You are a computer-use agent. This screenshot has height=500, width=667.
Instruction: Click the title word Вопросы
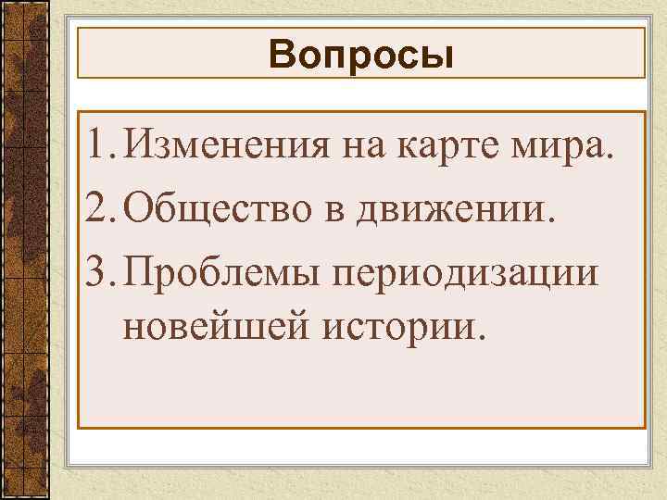pyautogui.click(x=362, y=56)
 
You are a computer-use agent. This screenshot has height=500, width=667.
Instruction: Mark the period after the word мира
pyautogui.click(x=609, y=158)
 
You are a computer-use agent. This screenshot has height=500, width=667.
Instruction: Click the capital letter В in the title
pyautogui.click(x=281, y=56)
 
